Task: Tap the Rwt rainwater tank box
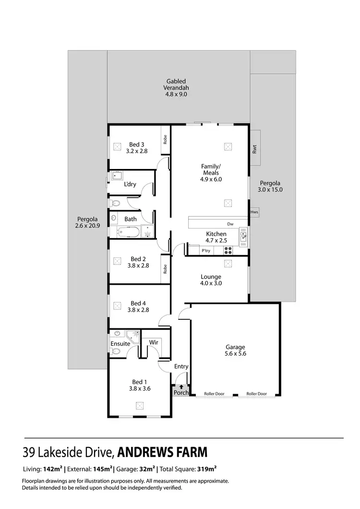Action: (x=255, y=148)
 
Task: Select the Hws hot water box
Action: (x=254, y=212)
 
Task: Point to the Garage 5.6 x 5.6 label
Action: (x=235, y=351)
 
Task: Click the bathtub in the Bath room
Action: (x=128, y=233)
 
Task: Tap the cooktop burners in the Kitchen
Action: (x=228, y=250)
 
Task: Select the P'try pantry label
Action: (x=205, y=251)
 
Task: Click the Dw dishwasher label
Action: (x=230, y=224)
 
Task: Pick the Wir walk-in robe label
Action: (x=154, y=342)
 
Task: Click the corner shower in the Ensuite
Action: (x=133, y=335)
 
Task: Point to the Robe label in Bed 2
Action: (x=165, y=269)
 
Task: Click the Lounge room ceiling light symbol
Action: (x=228, y=264)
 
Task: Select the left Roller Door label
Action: (x=214, y=394)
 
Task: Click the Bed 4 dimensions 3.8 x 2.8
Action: (x=139, y=310)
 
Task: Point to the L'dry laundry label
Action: (x=130, y=184)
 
